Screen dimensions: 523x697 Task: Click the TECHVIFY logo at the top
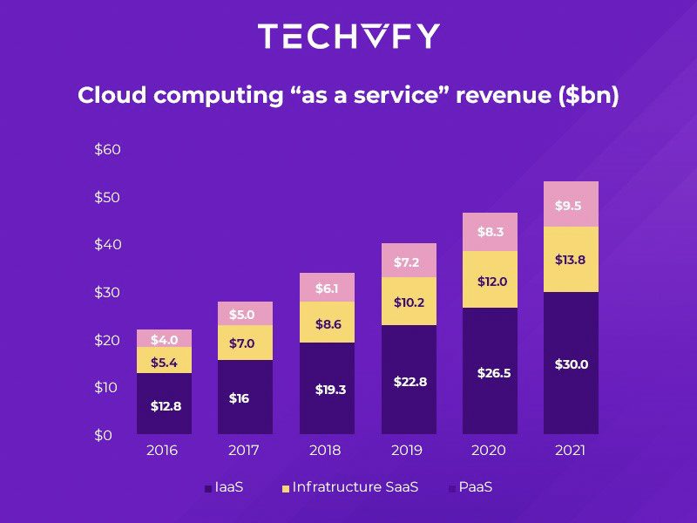(x=348, y=37)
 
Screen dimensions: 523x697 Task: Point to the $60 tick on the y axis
(x=107, y=150)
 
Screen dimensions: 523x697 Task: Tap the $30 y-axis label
(x=107, y=292)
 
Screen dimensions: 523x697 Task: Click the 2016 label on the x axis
(x=162, y=452)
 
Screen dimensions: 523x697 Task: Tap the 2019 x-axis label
(x=406, y=452)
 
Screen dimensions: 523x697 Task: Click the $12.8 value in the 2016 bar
(x=166, y=405)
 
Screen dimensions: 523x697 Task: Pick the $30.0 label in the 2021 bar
(x=572, y=364)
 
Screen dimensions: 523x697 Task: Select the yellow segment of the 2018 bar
(x=327, y=323)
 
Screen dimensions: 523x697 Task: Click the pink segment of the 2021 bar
(x=571, y=205)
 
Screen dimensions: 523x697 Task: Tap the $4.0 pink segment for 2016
(x=164, y=339)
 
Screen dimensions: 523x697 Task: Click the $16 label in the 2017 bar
(x=239, y=398)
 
